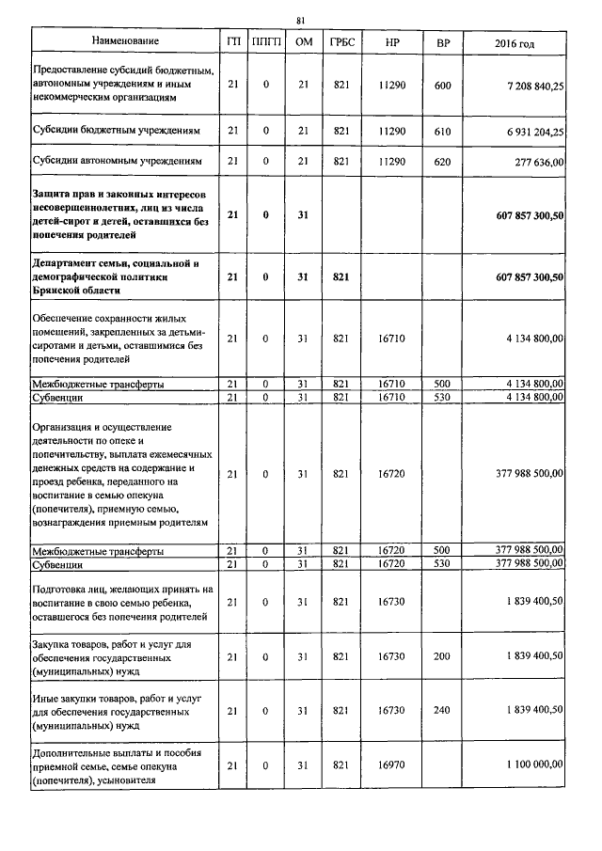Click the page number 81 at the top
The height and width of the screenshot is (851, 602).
coord(301,19)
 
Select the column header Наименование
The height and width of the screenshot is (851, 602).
coord(125,42)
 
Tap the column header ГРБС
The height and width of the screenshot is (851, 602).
coord(341,43)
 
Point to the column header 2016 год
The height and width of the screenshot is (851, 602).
coord(515,43)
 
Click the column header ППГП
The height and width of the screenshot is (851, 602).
coord(266,43)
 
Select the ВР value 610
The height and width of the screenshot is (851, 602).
coord(443,132)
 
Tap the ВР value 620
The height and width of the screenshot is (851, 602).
coord(443,162)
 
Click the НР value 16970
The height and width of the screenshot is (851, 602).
coord(390,766)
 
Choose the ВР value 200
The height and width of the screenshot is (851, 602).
coord(443,655)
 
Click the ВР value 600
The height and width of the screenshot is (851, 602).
coord(443,86)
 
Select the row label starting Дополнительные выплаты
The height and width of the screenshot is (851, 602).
coord(122,766)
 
